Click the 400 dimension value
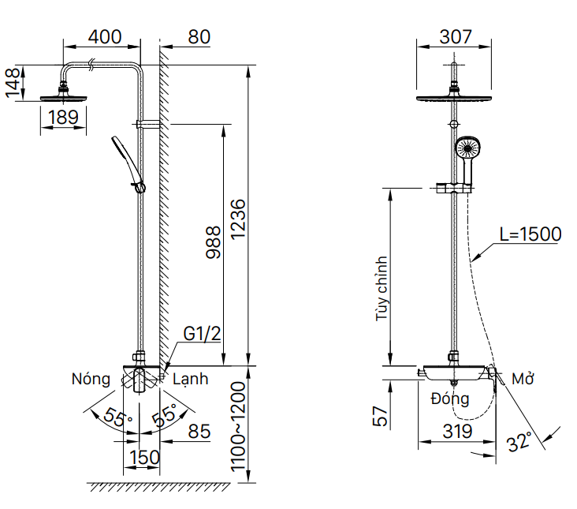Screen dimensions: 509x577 [105, 37]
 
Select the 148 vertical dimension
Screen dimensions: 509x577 [12, 84]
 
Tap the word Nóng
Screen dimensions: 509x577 [91, 379]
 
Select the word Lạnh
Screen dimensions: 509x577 [191, 379]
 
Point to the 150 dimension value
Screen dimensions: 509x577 [143, 457]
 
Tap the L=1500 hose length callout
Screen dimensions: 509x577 [530, 234]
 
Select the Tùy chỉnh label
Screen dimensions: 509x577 [382, 288]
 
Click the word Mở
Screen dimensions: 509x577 [523, 380]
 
